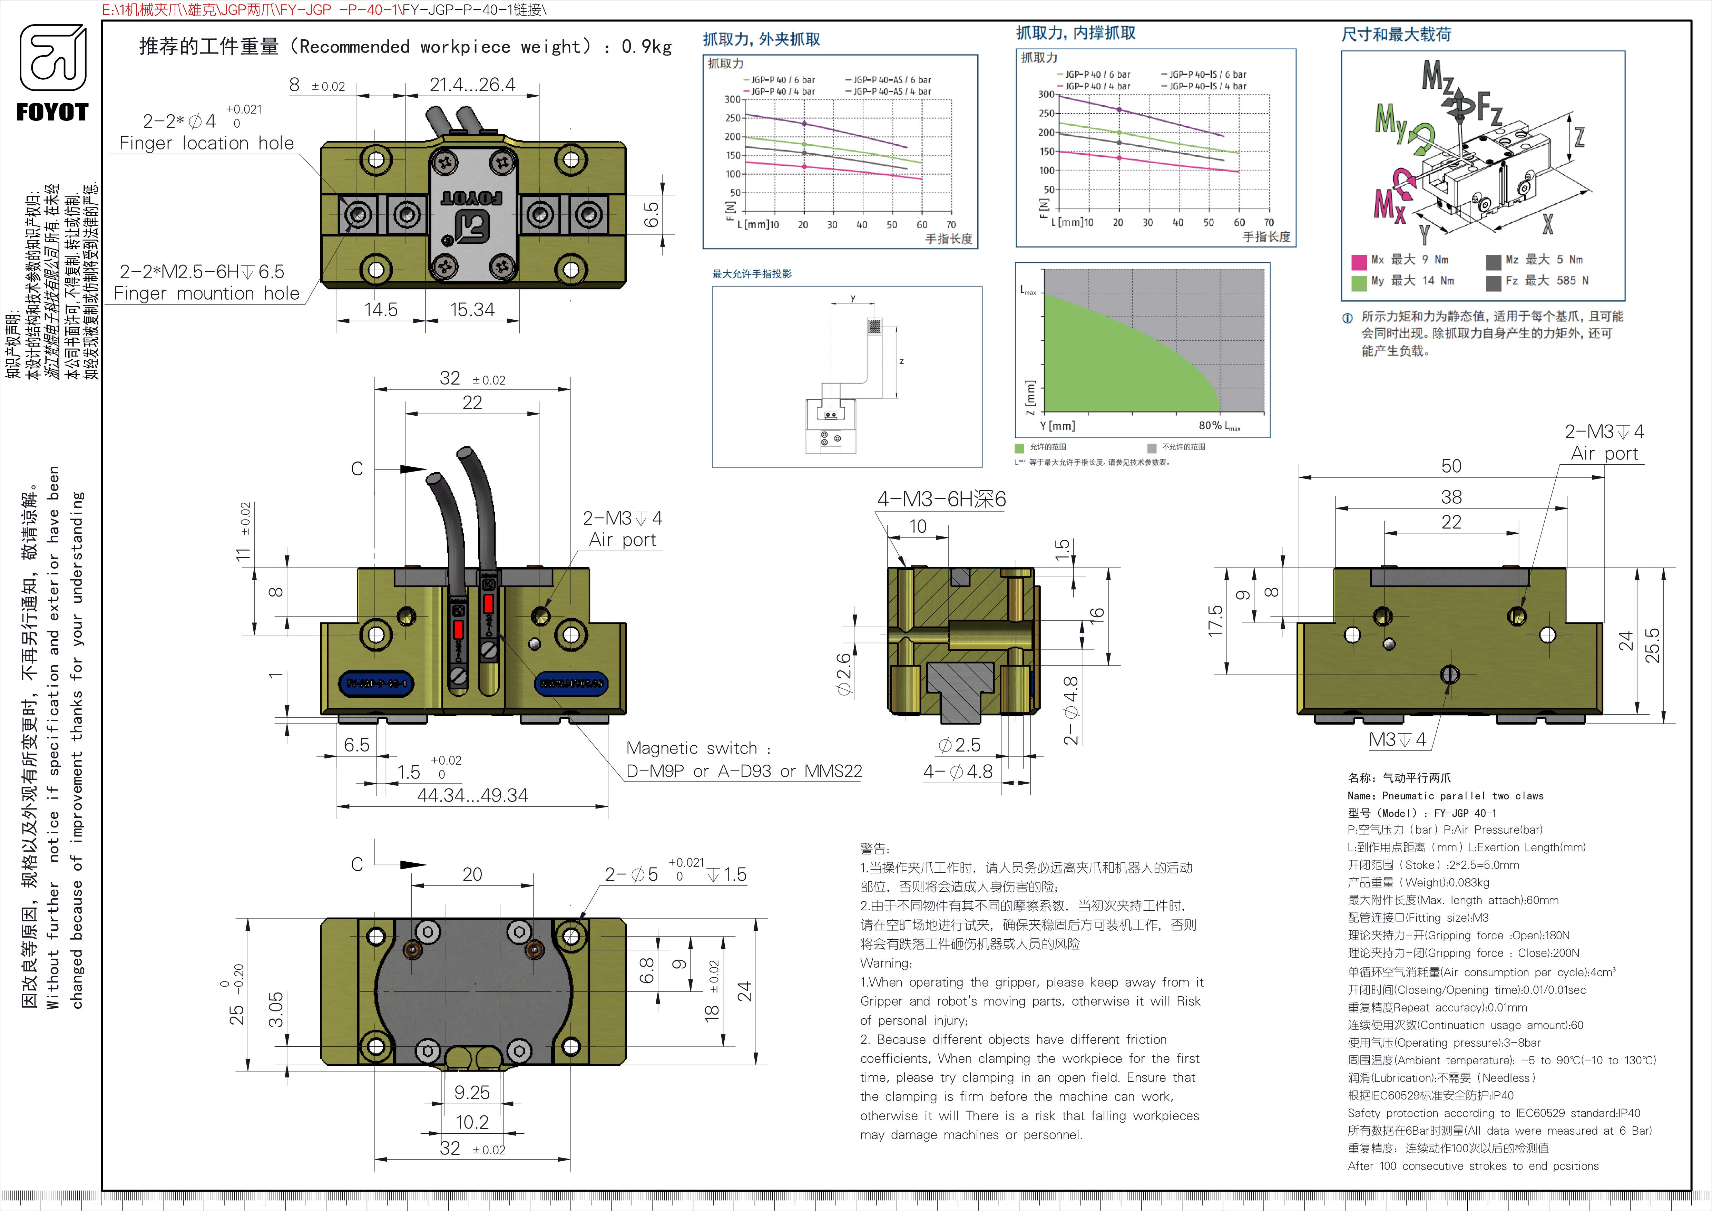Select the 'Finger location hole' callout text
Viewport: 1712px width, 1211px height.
pos(207,143)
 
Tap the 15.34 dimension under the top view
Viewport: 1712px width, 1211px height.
pos(472,309)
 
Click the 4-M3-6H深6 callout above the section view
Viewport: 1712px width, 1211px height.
pos(941,499)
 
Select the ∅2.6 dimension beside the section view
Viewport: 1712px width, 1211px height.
pos(843,674)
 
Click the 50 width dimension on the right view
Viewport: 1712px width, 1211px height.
pos(1451,466)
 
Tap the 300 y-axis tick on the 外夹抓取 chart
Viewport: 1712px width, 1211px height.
pos(732,99)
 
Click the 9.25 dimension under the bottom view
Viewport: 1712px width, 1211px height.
pos(472,1093)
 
